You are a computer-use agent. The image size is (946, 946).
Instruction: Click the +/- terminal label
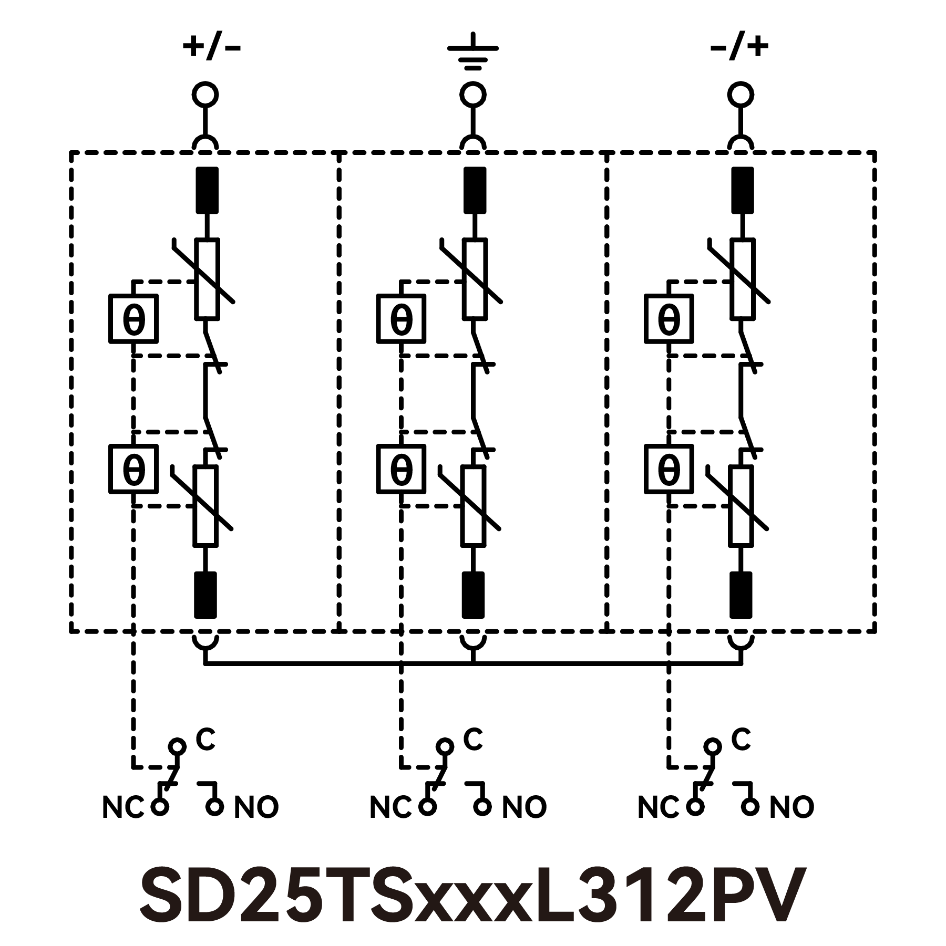click(211, 48)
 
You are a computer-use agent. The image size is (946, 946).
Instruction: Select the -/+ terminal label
click(739, 48)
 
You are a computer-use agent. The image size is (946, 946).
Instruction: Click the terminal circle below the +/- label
click(204, 95)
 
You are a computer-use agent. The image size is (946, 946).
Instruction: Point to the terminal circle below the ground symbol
click(473, 95)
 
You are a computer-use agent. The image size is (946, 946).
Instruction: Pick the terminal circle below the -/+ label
click(741, 95)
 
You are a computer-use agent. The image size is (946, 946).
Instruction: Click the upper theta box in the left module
click(133, 319)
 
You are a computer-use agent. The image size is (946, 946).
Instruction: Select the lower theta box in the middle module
click(402, 469)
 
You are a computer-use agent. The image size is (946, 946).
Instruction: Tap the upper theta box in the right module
click(669, 319)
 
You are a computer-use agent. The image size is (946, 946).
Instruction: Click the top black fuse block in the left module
click(207, 190)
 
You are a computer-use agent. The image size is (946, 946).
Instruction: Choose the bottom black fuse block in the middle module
click(473, 595)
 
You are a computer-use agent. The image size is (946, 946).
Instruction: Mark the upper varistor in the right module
click(743, 279)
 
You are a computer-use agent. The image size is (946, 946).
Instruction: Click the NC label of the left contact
click(122, 807)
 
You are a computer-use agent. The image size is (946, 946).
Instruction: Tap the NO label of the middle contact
click(524, 807)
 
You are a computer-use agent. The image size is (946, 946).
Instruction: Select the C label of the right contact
click(741, 740)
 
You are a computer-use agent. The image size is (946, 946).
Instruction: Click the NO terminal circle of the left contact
click(214, 806)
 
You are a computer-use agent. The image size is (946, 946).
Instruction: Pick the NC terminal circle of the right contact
click(695, 806)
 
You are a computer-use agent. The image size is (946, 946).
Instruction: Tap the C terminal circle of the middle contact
click(445, 746)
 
